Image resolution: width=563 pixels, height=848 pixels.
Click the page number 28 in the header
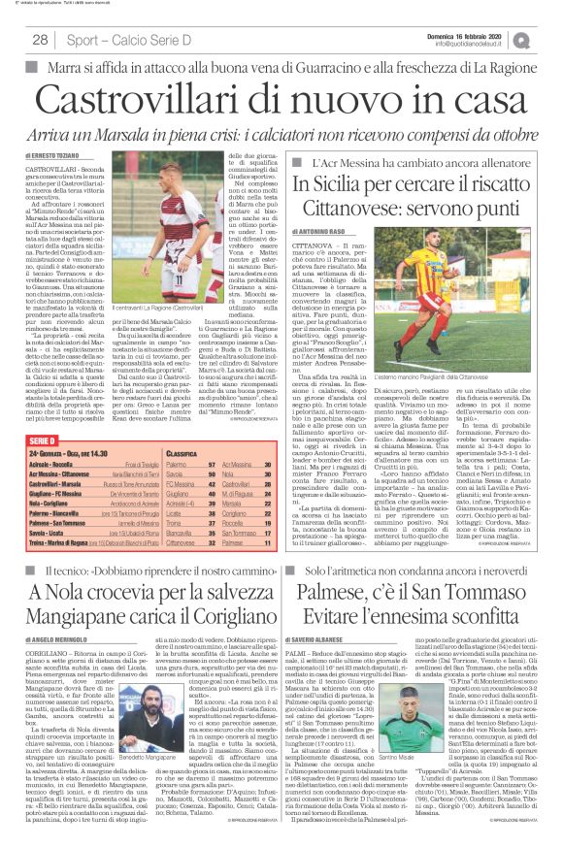[x=41, y=39]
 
